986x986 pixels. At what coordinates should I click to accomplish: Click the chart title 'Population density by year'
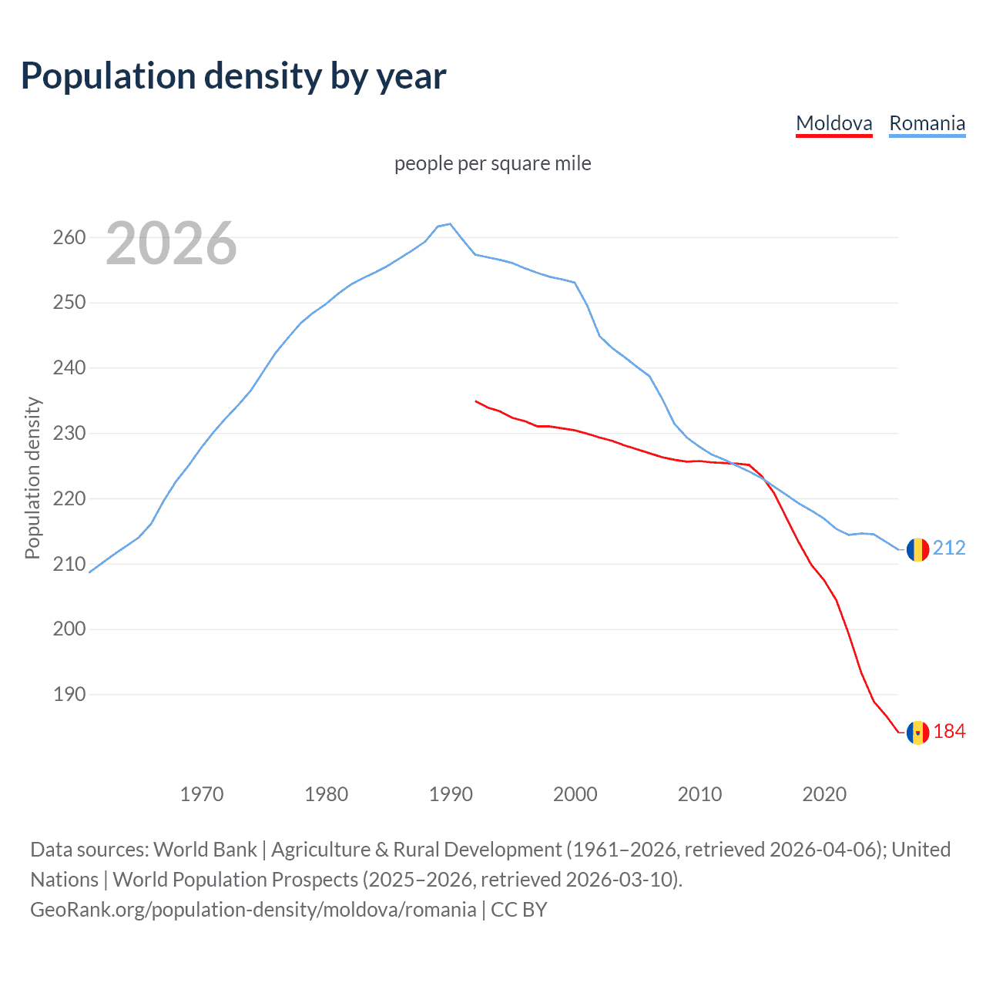tap(233, 76)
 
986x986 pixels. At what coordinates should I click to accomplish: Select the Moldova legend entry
tap(833, 123)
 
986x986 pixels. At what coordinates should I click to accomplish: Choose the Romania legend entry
tap(927, 123)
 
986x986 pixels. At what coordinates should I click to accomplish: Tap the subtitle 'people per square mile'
tap(492, 163)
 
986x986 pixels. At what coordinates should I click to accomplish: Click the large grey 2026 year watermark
tap(171, 243)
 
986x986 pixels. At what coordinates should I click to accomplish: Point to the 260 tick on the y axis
tap(69, 237)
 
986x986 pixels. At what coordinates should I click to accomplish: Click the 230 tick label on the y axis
tap(69, 433)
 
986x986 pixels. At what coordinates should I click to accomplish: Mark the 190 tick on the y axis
tap(69, 694)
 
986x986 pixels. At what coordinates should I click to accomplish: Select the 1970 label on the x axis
tap(202, 793)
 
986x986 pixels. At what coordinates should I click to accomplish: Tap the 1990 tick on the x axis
tap(451, 793)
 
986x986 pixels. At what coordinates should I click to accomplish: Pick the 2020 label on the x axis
tap(824, 793)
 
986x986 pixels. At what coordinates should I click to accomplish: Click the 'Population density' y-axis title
tap(32, 478)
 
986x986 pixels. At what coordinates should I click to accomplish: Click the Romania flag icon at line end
tap(917, 549)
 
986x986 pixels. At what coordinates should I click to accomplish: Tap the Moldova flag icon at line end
tap(917, 733)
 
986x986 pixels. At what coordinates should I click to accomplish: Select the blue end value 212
tap(949, 548)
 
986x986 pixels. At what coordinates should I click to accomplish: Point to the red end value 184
tap(949, 731)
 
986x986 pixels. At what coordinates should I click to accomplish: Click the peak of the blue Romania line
tap(450, 224)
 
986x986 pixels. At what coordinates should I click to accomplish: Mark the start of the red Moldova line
tap(476, 401)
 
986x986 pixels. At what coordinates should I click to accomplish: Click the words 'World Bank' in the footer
tap(205, 849)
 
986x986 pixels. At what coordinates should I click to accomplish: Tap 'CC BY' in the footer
tap(519, 909)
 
